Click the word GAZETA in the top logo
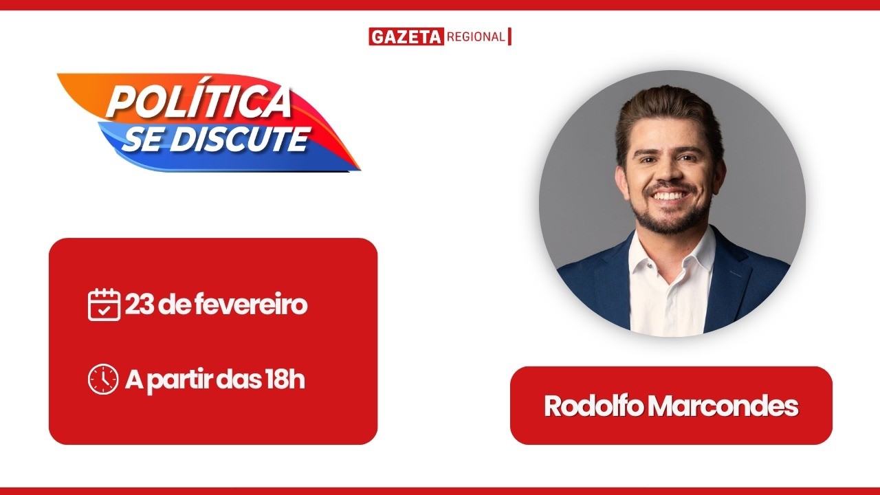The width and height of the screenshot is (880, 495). (406, 37)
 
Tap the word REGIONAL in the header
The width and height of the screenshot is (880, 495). (476, 37)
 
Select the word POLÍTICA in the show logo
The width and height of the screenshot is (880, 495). (199, 102)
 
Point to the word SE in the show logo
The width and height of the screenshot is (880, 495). (142, 140)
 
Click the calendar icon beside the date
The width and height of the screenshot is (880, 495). (104, 305)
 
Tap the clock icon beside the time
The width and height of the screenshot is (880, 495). (103, 379)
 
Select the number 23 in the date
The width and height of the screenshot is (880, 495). (140, 305)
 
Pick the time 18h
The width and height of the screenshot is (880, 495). (284, 379)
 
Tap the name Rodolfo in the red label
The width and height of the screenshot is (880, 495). (593, 406)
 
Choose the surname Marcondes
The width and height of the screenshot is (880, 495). (723, 406)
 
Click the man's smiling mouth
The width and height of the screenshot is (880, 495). (669, 197)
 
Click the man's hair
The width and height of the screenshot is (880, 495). (667, 110)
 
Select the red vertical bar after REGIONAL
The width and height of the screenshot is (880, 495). (510, 36)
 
